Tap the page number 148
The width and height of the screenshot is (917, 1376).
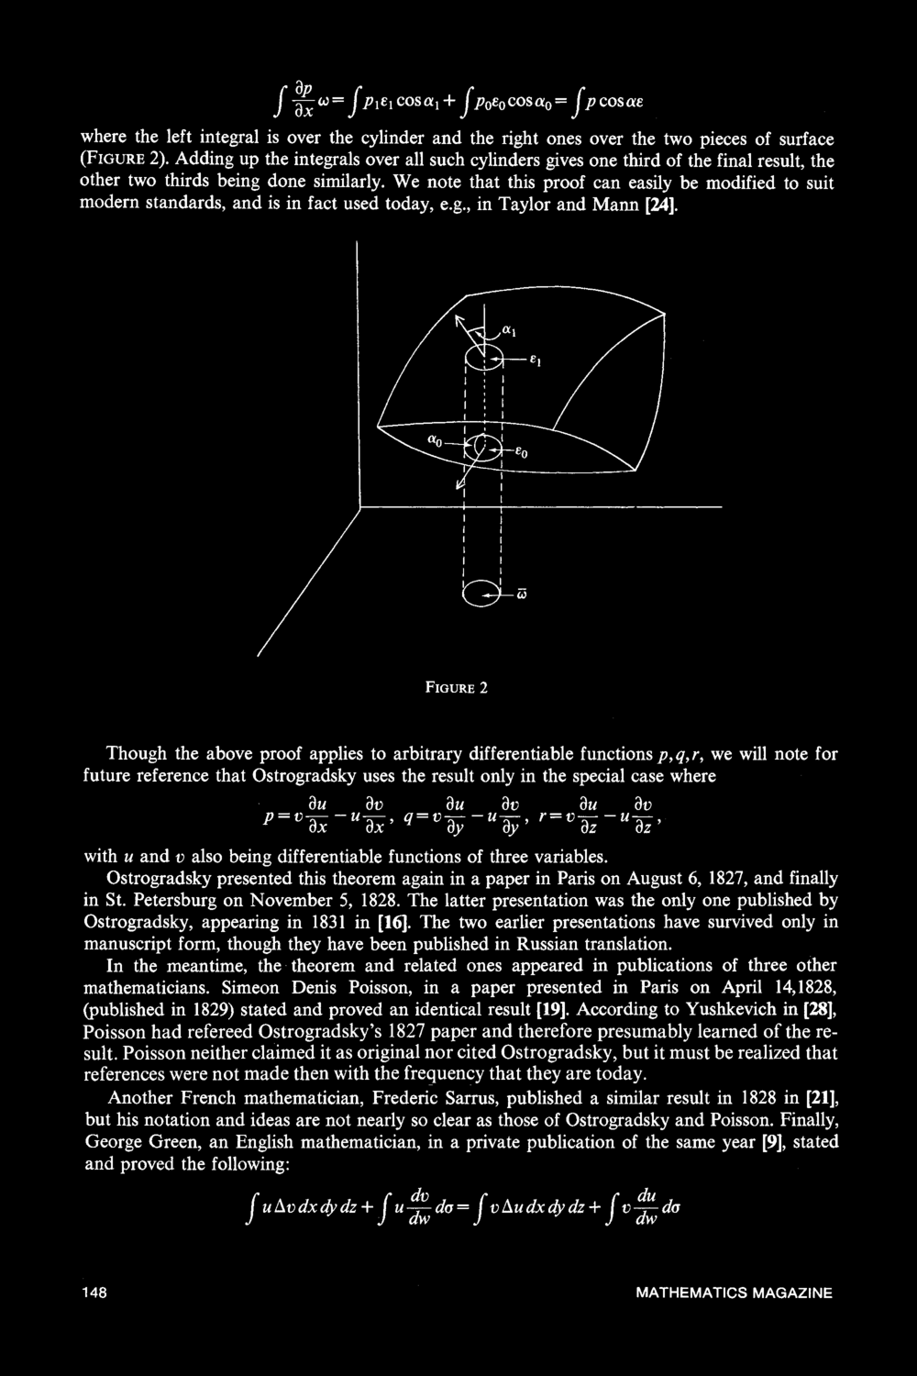tap(94, 1293)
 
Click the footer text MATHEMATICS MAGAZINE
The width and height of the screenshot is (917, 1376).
tap(734, 1293)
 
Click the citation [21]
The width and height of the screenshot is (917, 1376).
tap(820, 1098)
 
